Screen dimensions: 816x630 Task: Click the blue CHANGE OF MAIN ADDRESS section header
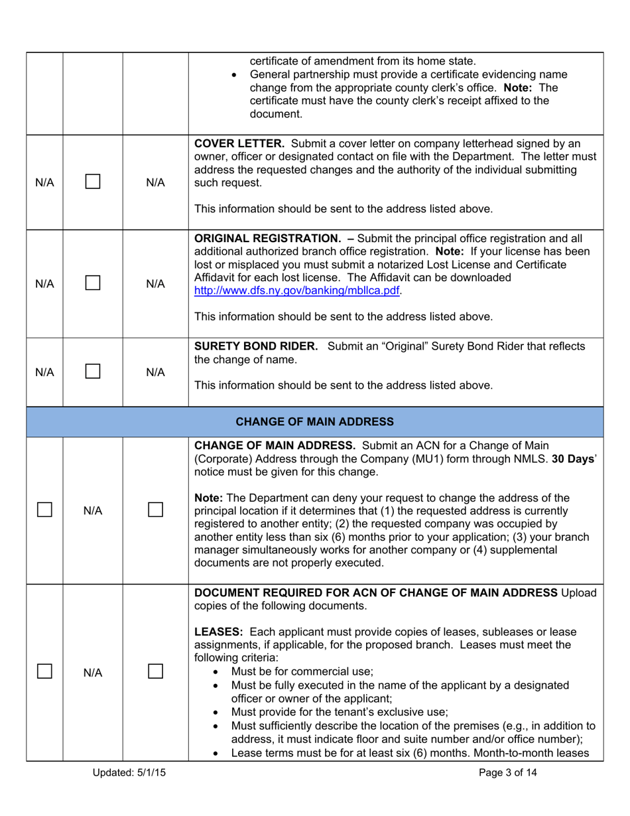pyautogui.click(x=315, y=421)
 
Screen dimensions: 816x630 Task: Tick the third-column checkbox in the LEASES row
pyautogui.click(x=155, y=672)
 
